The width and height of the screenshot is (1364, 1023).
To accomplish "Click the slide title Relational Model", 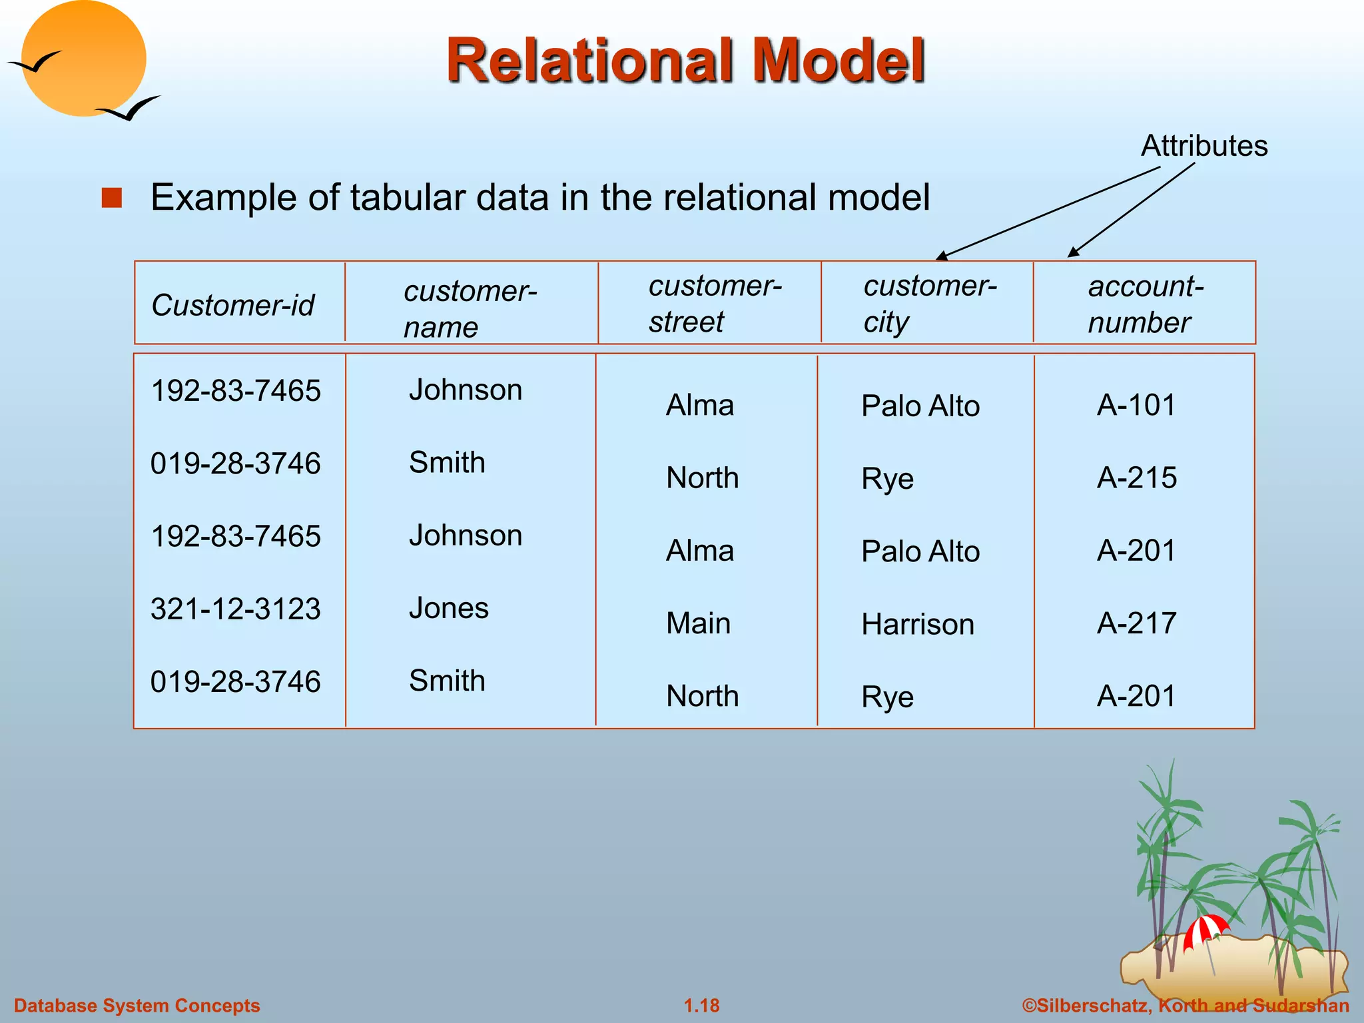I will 685,61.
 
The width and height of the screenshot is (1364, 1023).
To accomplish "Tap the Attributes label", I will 1203,146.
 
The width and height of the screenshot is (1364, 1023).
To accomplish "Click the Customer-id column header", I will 232,306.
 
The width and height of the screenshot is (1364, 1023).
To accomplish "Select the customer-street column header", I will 715,304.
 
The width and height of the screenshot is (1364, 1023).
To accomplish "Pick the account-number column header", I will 1145,304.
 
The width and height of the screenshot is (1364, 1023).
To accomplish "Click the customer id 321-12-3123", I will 236,609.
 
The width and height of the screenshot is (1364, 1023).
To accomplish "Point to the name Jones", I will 448,608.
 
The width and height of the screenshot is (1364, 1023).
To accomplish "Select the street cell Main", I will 698,624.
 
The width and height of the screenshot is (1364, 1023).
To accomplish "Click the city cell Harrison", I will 917,625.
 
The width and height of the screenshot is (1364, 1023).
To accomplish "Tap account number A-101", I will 1136,405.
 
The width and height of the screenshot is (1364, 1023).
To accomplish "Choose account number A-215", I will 1136,478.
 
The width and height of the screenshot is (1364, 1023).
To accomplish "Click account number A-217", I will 1136,623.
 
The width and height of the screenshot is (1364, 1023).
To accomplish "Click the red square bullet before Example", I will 112,198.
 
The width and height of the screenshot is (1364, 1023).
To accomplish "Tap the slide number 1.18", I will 701,1006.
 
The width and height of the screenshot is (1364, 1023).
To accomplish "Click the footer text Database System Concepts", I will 137,1006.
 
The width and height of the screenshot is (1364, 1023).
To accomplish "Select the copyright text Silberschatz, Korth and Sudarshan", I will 1186,1006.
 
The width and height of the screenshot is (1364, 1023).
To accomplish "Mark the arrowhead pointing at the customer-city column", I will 941,256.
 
